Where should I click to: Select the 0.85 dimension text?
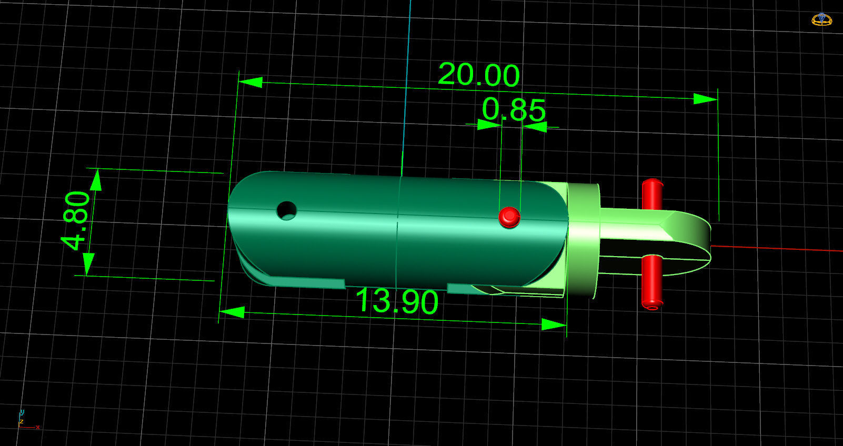tap(514, 109)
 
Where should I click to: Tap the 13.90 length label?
tap(397, 301)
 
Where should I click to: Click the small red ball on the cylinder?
tap(509, 217)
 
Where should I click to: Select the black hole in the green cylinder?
tap(286, 211)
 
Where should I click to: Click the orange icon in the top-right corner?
tap(821, 19)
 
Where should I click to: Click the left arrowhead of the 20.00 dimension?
tap(250, 82)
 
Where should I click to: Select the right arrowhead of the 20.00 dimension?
tap(705, 98)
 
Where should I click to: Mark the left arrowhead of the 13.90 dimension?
tap(232, 312)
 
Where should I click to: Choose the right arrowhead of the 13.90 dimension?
tap(554, 325)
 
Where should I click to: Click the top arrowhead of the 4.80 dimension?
tap(96, 180)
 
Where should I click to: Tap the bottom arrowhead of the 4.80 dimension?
tap(88, 263)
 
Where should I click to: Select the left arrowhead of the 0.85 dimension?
tap(488, 125)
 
